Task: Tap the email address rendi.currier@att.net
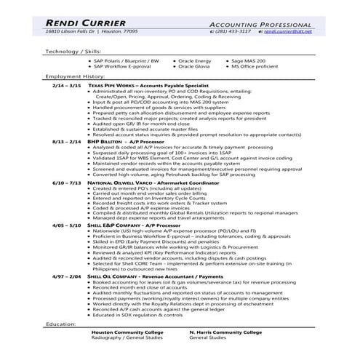point(287,32)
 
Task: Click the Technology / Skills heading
point(72,52)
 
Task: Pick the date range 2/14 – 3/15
point(68,85)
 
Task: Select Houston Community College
point(123,332)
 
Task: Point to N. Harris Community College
point(225,332)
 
